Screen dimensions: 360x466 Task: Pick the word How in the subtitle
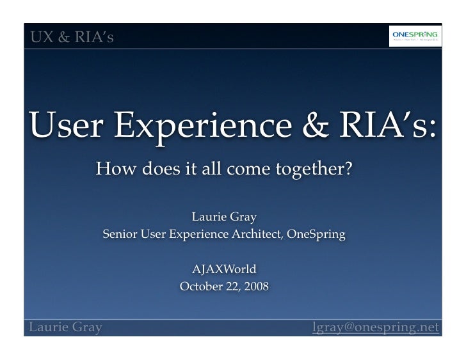point(111,171)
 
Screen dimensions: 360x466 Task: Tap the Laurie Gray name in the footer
point(63,328)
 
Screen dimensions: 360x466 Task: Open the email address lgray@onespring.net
point(375,328)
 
